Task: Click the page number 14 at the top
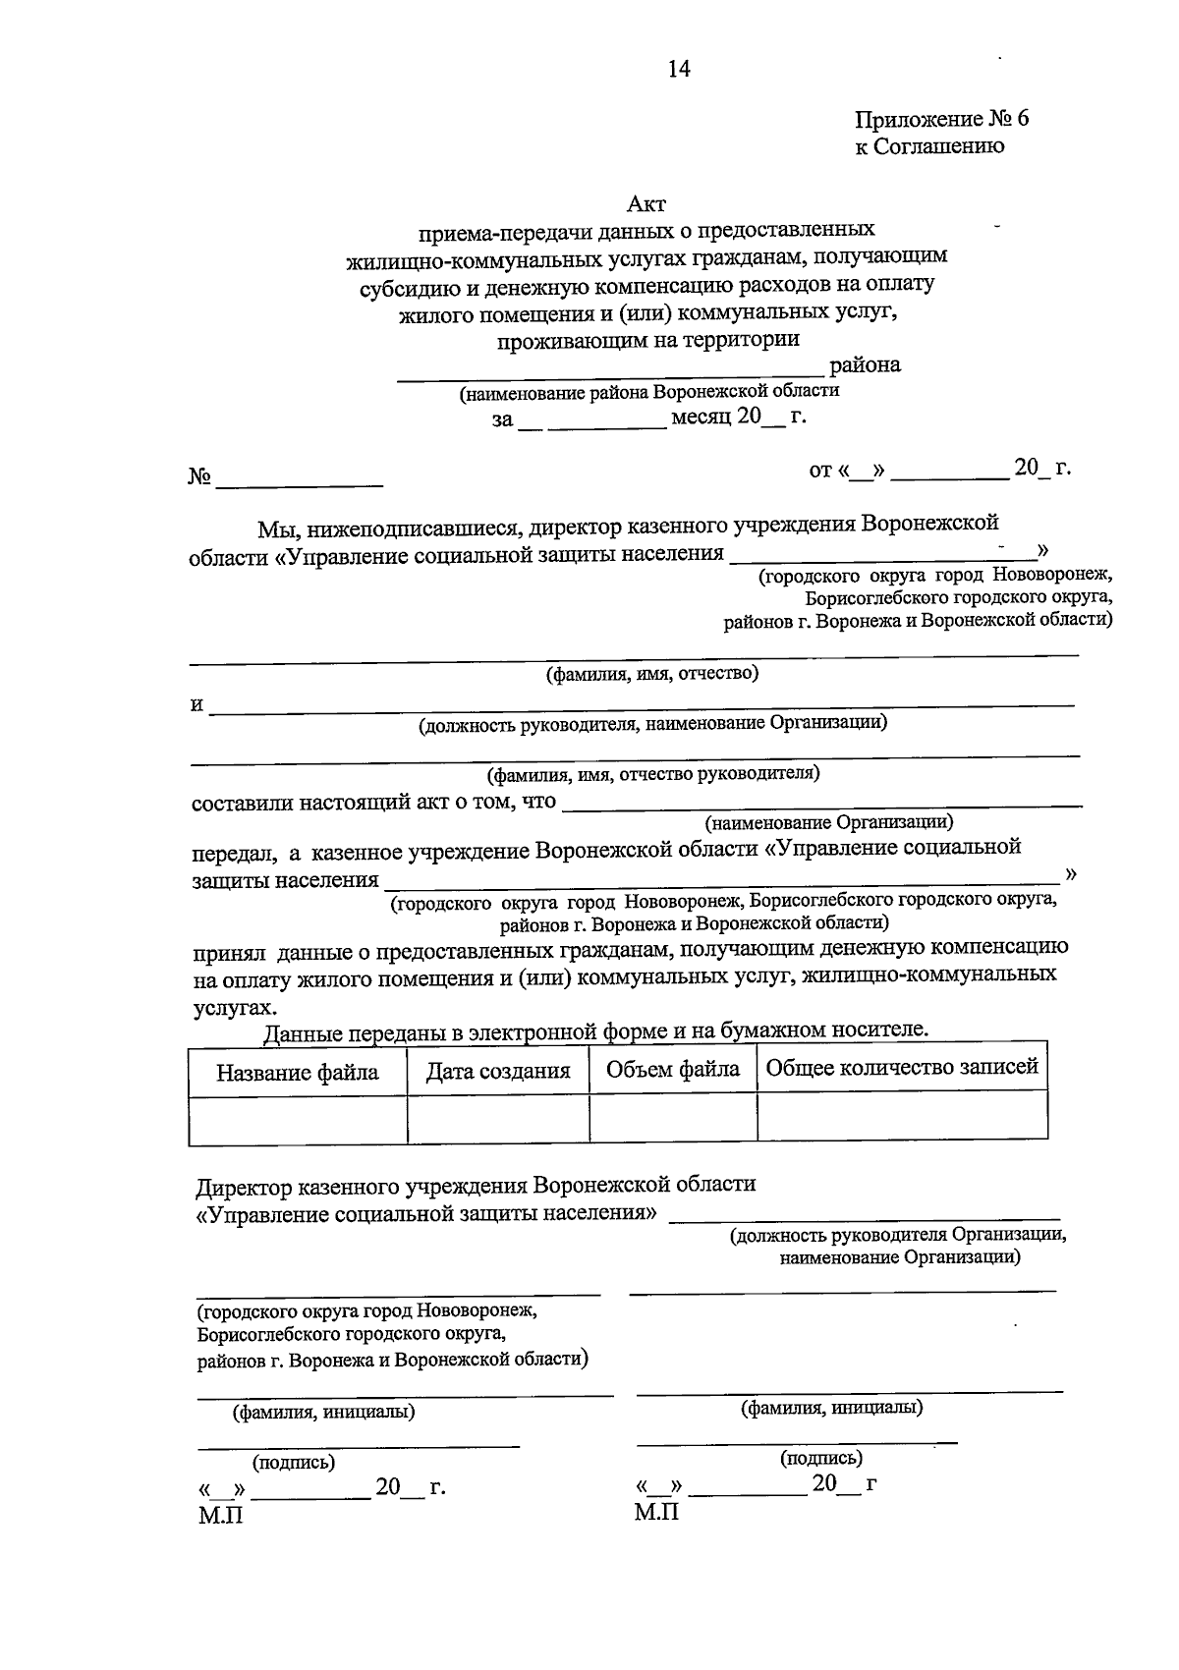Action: [x=679, y=69]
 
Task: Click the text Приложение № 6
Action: [x=941, y=120]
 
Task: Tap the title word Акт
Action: [x=646, y=204]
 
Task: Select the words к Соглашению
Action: [x=929, y=147]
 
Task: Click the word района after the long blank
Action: [x=865, y=365]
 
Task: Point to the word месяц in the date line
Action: [x=701, y=417]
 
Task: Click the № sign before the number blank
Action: [x=200, y=478]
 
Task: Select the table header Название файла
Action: [x=298, y=1072]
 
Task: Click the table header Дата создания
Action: [x=498, y=1072]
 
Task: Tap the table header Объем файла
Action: [x=673, y=1069]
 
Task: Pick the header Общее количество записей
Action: [x=902, y=1068]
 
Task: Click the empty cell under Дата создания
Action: [x=498, y=1119]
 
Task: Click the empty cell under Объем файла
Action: [x=673, y=1118]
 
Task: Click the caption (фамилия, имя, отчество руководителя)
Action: [x=655, y=774]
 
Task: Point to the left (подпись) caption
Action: [x=294, y=1463]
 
